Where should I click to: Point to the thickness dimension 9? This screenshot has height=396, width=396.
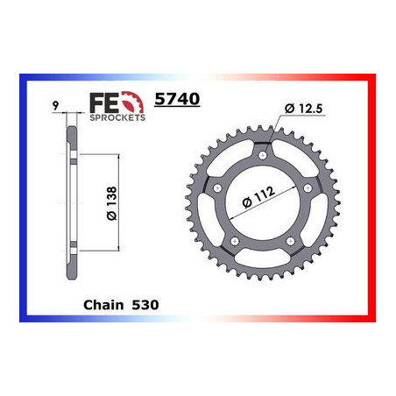[55, 105]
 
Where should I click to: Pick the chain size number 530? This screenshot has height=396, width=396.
[143, 307]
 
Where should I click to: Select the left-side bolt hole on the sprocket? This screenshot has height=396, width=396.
[214, 190]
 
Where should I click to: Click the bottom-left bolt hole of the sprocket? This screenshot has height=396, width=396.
[233, 248]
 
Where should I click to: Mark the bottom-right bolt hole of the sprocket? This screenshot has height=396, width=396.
[293, 249]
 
